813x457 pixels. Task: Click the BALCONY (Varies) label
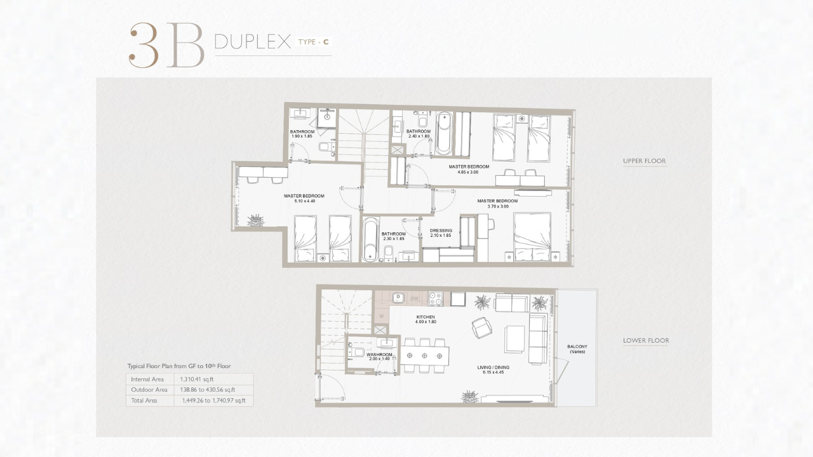point(577,349)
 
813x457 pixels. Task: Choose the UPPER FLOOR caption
point(645,161)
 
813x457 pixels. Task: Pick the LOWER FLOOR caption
point(646,341)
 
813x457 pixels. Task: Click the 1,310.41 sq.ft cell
point(197,380)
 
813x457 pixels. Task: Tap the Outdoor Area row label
point(149,390)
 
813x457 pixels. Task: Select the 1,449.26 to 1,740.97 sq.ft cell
point(214,401)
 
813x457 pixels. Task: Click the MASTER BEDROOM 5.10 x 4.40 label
point(304,199)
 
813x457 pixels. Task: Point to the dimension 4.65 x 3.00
point(468,172)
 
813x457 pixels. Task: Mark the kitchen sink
point(398,298)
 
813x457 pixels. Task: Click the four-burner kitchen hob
point(435,299)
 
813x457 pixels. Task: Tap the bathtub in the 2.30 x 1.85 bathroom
point(370,239)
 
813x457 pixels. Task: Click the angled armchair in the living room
point(482,328)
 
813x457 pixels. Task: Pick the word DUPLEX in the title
point(253,42)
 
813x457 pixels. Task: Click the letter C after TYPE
point(326,42)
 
